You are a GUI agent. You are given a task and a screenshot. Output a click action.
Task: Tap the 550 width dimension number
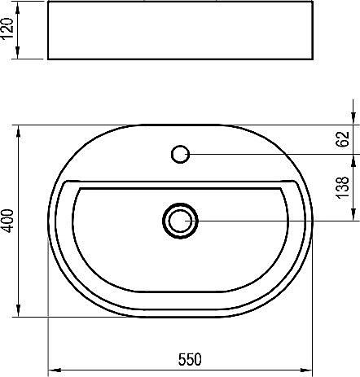coord(189,359)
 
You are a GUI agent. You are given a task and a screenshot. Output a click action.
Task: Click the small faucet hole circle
coord(181,152)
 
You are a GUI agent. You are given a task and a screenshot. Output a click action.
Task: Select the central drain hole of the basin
coord(180,220)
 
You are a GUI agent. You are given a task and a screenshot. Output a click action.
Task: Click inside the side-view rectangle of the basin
coord(179,31)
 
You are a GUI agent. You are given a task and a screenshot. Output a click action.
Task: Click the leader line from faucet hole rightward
coord(269,152)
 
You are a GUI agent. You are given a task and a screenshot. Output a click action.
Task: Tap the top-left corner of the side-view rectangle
coord(48,2)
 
